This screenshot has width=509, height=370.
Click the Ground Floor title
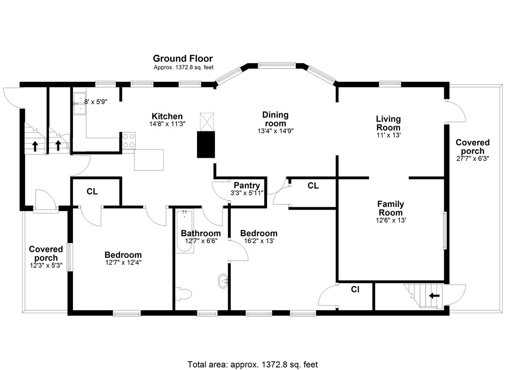(183, 59)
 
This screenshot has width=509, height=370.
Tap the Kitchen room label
(167, 116)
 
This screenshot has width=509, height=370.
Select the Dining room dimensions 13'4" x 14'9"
(275, 131)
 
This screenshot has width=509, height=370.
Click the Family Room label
(390, 208)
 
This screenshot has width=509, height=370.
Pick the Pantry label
(246, 185)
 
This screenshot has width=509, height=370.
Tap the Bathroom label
(200, 233)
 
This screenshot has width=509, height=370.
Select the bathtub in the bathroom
(185, 232)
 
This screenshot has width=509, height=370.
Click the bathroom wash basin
(223, 281)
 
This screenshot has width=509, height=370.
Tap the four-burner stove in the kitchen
(129, 141)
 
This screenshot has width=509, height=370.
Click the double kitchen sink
(79, 104)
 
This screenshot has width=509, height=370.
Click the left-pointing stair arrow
(434, 296)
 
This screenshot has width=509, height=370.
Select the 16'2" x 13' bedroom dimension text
(259, 241)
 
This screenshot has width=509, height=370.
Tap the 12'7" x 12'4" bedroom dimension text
(123, 263)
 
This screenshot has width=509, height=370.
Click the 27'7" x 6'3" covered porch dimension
(472, 159)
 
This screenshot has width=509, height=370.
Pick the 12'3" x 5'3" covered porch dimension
(46, 265)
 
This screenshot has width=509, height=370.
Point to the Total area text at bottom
(253, 364)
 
